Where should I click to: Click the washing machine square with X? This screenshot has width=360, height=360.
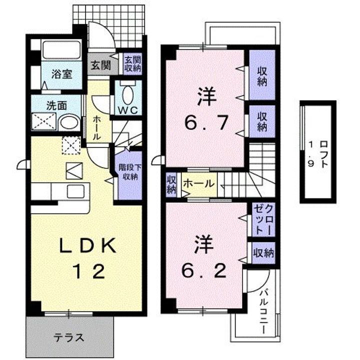43,122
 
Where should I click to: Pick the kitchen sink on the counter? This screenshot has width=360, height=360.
76,190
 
